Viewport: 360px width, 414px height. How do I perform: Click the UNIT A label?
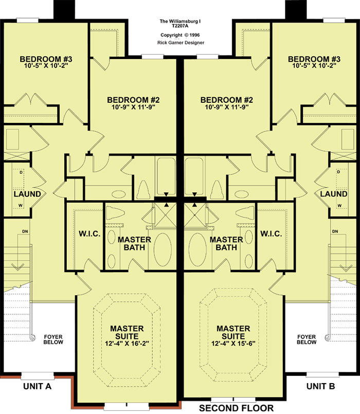pyautogui.click(x=37, y=386)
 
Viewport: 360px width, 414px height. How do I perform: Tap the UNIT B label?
pyautogui.click(x=320, y=386)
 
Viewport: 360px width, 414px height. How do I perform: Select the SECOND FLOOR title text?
pyautogui.click(x=237, y=408)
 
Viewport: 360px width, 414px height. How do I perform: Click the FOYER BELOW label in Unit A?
pyautogui.click(x=53, y=339)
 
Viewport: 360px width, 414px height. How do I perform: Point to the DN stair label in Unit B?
pyautogui.click(x=335, y=231)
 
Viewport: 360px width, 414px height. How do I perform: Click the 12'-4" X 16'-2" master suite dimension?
pyautogui.click(x=127, y=344)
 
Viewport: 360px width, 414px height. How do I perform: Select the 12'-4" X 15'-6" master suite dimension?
pyautogui.click(x=233, y=344)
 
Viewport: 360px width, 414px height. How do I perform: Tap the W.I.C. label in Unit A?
pyautogui.click(x=89, y=234)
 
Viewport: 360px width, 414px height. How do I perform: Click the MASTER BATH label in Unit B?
pyautogui.click(x=226, y=243)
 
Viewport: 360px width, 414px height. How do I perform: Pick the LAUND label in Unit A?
pyautogui.click(x=27, y=194)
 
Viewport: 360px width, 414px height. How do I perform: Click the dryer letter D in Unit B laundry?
pyautogui.click(x=338, y=172)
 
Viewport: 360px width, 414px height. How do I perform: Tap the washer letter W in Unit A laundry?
pyautogui.click(x=21, y=205)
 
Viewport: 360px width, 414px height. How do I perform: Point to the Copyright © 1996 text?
pyautogui.click(x=180, y=35)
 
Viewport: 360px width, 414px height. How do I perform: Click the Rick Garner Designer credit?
pyautogui.click(x=181, y=43)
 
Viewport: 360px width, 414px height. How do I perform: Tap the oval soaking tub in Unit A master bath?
pyautogui.click(x=163, y=249)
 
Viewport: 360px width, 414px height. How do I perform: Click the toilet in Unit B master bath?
pyautogui.click(x=245, y=213)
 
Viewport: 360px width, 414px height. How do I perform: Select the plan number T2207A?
pyautogui.click(x=180, y=26)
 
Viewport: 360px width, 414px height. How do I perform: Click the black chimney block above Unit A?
pyautogui.click(x=64, y=10)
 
